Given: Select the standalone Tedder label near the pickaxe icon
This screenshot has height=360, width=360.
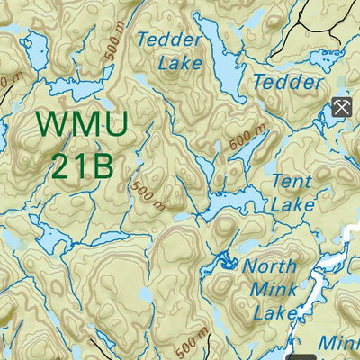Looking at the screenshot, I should [287, 82].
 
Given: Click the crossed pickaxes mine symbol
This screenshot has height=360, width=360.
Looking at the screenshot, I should [341, 107].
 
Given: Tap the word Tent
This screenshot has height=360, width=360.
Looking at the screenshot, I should [292, 181].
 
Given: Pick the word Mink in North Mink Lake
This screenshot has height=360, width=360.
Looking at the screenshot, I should [274, 290].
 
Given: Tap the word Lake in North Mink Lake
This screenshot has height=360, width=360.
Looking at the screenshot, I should [275, 312].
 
